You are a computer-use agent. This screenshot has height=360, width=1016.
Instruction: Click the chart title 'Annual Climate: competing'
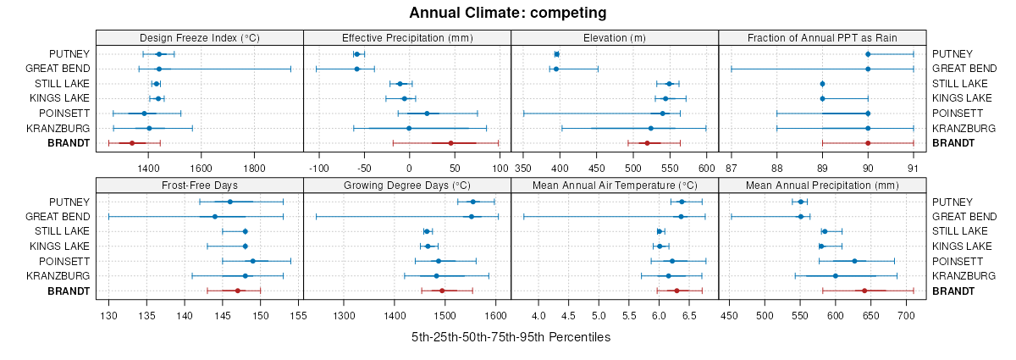(508, 13)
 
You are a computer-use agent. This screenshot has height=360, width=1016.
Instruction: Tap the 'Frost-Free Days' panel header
(199, 185)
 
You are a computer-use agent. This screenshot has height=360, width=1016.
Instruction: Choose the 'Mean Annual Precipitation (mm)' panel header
(822, 185)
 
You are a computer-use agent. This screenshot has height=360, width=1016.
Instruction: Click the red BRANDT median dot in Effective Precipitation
(450, 143)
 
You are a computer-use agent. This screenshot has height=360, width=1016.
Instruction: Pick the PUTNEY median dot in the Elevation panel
(556, 54)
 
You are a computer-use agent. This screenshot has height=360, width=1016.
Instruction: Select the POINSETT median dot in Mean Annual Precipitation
(854, 261)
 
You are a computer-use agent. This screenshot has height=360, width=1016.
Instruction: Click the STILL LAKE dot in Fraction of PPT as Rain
(822, 84)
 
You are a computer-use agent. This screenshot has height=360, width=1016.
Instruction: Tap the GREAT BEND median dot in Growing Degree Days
(471, 217)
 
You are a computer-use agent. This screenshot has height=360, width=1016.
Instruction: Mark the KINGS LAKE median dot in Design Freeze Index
(157, 99)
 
